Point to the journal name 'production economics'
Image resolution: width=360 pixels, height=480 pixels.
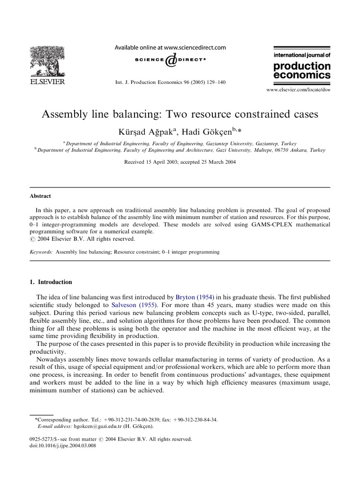point(302,70)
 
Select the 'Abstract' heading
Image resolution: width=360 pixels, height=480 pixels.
point(40,196)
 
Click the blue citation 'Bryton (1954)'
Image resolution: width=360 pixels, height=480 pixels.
point(195,297)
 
